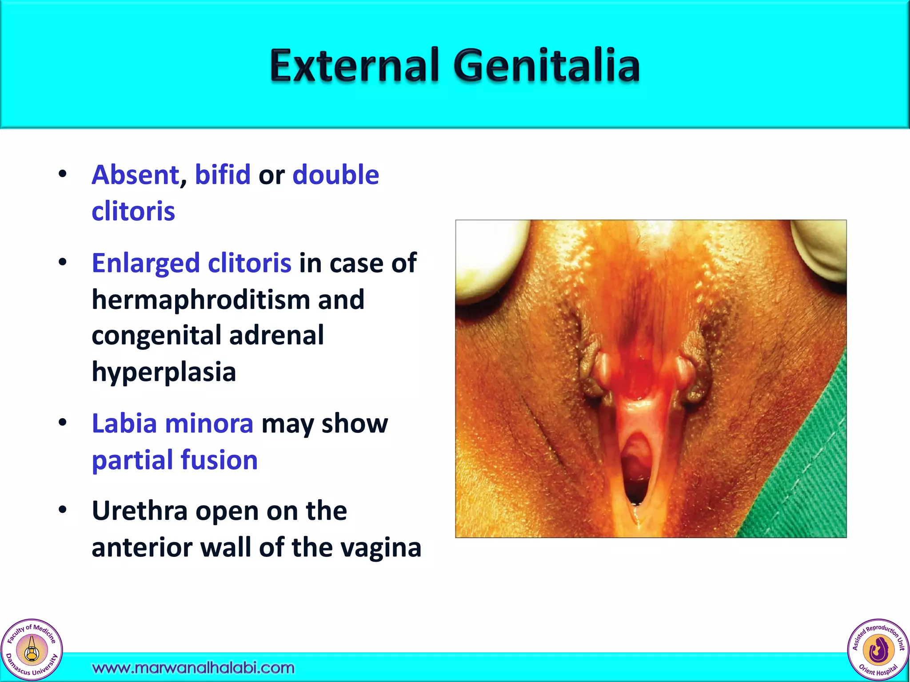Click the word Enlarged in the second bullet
point(146,263)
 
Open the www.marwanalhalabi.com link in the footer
point(193,668)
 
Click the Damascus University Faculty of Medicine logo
point(32,650)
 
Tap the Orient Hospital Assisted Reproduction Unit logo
point(878,650)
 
